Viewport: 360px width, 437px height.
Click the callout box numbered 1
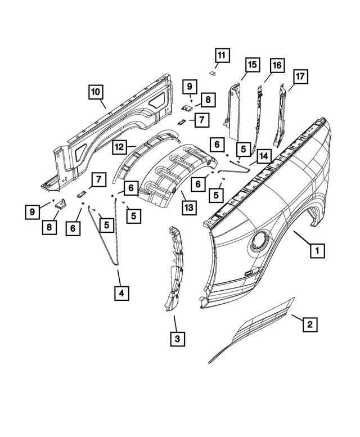click(x=318, y=250)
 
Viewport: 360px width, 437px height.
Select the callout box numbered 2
click(x=309, y=324)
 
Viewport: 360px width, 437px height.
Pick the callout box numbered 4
click(x=120, y=292)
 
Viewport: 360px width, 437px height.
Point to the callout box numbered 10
click(x=95, y=91)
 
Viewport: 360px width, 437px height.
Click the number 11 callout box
click(x=221, y=56)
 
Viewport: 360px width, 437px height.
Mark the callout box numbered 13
click(x=188, y=208)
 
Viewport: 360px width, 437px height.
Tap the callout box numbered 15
click(x=251, y=66)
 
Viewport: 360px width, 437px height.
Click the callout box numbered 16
click(x=276, y=66)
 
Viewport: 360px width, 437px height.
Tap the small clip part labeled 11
click(x=213, y=72)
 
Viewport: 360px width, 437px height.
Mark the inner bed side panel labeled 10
click(x=112, y=129)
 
